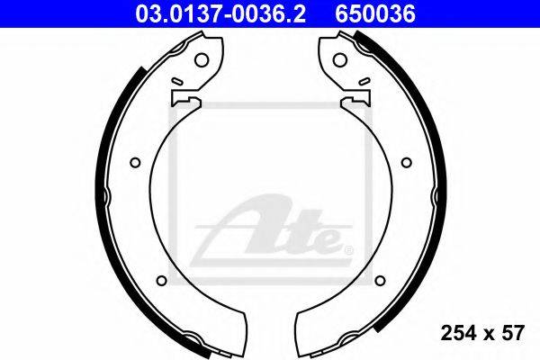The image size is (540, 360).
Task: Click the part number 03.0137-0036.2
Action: click(x=220, y=14)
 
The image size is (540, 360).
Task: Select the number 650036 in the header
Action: click(x=375, y=14)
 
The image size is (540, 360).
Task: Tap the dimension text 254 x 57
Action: click(x=482, y=333)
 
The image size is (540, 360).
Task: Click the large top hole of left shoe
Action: click(x=202, y=60)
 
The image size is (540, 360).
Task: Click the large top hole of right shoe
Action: click(x=339, y=60)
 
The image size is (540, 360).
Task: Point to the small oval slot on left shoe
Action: click(x=177, y=81)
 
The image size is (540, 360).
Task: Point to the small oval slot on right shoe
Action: click(x=364, y=81)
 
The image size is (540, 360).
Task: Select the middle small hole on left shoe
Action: click(x=135, y=162)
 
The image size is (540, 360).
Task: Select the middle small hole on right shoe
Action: click(x=407, y=162)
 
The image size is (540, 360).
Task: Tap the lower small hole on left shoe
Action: click(x=161, y=281)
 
